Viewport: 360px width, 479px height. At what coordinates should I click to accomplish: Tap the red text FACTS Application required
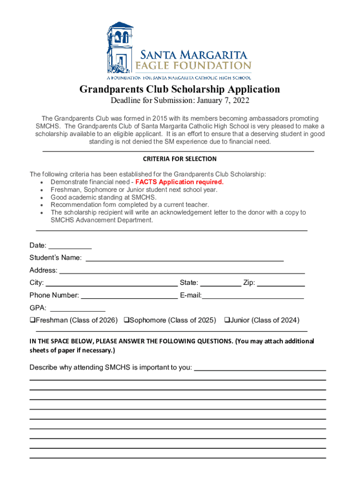point(180,182)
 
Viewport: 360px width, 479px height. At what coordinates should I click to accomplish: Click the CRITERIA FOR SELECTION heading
point(180,159)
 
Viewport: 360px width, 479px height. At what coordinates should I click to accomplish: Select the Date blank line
point(70,247)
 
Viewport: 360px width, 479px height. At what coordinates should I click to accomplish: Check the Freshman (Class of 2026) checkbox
point(33,320)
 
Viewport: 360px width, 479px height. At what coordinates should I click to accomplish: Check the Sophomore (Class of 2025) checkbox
point(126,320)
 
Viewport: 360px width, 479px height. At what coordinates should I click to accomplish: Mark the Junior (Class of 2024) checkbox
point(227,320)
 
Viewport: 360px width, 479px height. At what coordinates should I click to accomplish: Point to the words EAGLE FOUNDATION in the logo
point(193,65)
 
